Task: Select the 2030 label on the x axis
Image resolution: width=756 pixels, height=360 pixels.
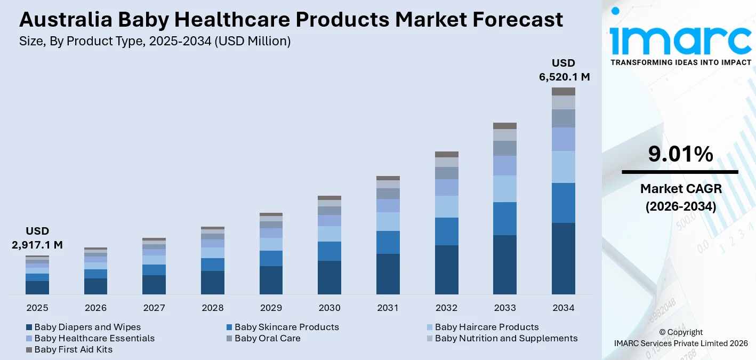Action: (x=329, y=308)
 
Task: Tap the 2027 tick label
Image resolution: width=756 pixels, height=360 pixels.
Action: (x=154, y=308)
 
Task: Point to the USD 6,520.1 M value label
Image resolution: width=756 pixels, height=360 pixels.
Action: (x=564, y=70)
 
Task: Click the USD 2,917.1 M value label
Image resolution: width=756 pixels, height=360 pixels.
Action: (x=37, y=238)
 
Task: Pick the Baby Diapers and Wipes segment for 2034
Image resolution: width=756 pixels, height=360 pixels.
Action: (x=564, y=259)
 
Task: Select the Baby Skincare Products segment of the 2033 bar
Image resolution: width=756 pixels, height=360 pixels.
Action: (x=505, y=219)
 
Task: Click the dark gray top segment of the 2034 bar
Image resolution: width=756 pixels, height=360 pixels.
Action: (x=564, y=92)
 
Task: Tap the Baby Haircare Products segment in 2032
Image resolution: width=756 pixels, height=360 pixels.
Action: (x=446, y=206)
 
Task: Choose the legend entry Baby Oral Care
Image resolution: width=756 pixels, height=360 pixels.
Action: (x=267, y=338)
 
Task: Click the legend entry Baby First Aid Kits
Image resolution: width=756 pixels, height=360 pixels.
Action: (x=73, y=350)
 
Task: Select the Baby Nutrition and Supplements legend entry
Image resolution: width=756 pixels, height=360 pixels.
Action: (x=505, y=338)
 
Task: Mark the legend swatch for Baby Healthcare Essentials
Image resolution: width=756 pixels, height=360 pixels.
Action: (x=29, y=339)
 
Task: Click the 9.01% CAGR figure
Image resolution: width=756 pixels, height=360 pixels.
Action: (x=680, y=154)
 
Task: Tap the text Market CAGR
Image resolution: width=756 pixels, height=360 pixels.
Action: (x=680, y=188)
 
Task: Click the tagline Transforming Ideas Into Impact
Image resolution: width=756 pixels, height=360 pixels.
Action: (x=680, y=62)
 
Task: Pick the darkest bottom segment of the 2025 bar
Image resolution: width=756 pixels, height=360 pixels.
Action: (x=37, y=287)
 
